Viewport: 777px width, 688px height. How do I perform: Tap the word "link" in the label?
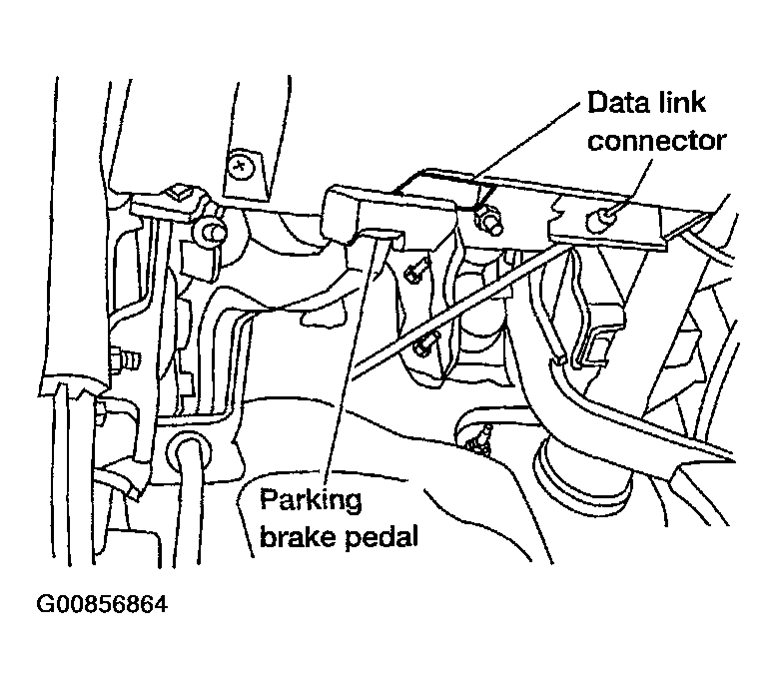pos(679,102)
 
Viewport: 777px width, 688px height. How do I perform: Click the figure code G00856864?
pos(103,604)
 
